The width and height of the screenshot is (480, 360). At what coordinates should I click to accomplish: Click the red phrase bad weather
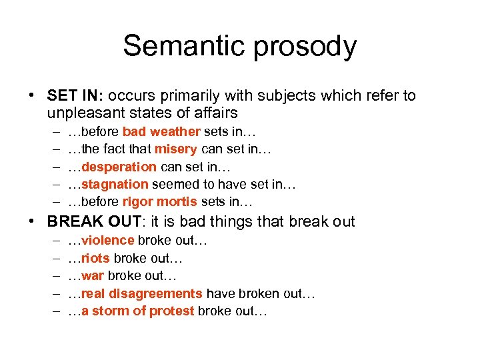(x=161, y=132)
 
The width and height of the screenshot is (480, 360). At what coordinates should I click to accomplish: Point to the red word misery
(x=176, y=149)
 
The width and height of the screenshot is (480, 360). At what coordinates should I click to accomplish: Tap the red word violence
(x=107, y=241)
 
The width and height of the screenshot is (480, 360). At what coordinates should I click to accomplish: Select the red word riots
(x=95, y=258)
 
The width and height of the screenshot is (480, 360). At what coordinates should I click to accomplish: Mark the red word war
(x=92, y=275)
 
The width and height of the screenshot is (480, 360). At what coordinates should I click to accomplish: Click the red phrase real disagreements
(x=141, y=293)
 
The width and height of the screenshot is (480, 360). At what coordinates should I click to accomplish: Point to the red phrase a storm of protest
(x=137, y=310)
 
